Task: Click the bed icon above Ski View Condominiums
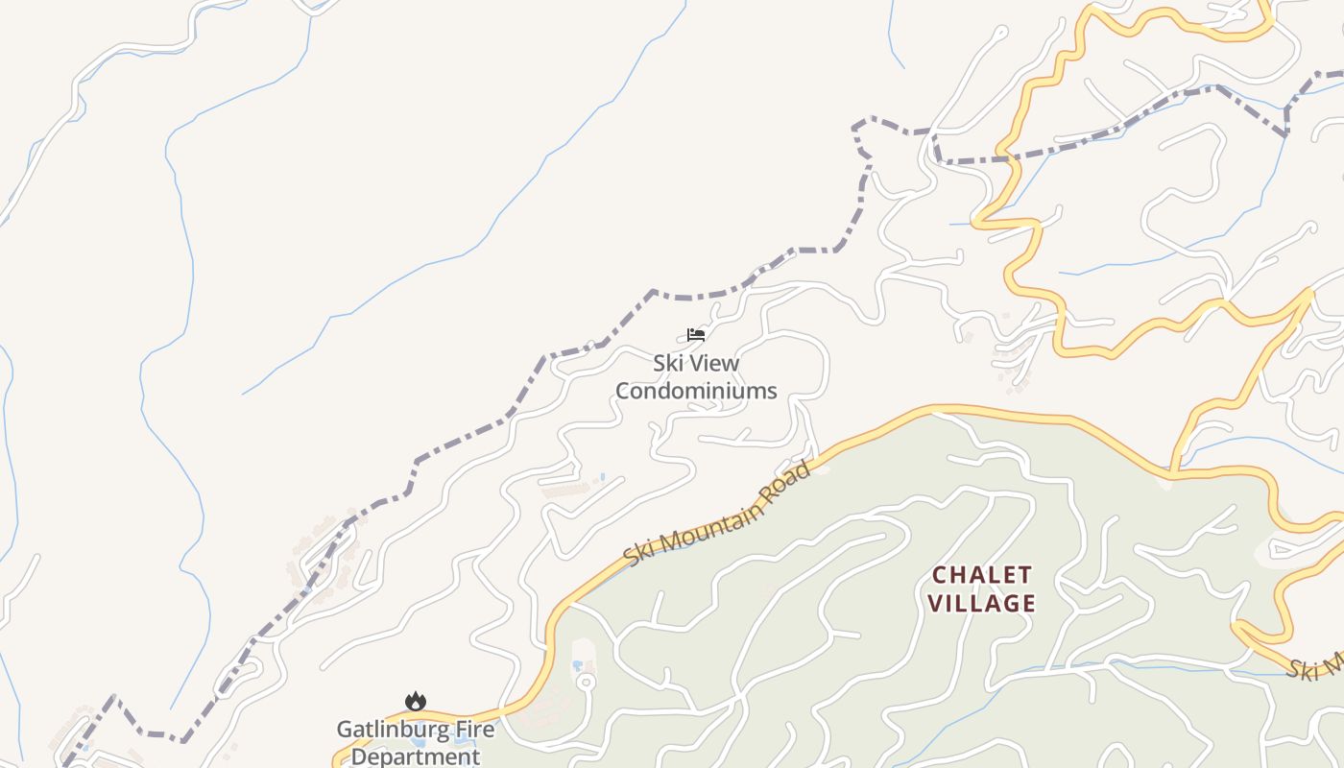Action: (x=696, y=335)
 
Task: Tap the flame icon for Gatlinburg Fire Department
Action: (x=415, y=702)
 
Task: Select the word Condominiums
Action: (x=696, y=391)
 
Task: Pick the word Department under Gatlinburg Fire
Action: (x=415, y=756)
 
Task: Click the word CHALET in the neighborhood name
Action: (x=982, y=575)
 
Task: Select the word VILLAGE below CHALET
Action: (x=984, y=604)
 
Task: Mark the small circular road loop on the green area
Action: (x=585, y=683)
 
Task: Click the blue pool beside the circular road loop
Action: (x=579, y=665)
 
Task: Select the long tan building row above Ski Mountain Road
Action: (x=566, y=491)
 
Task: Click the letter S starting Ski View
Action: (x=660, y=364)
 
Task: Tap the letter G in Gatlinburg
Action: (x=345, y=730)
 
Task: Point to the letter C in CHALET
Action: (x=941, y=575)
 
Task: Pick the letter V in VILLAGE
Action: (x=941, y=604)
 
